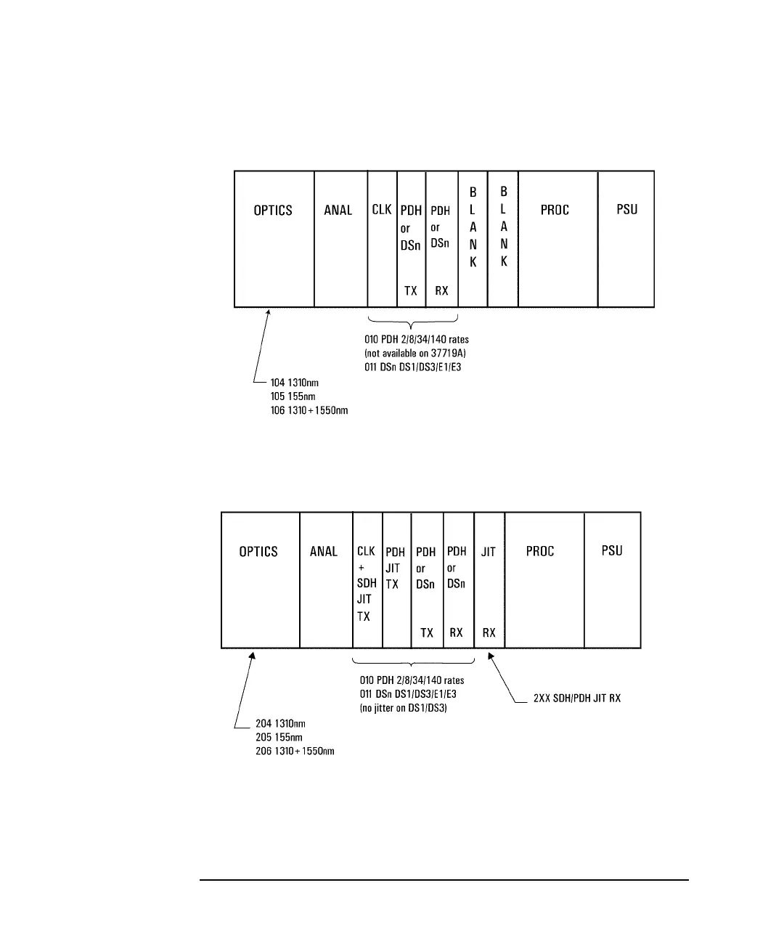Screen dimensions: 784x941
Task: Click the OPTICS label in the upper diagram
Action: pyautogui.click(x=273, y=211)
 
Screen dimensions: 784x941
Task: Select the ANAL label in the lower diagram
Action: pyautogui.click(x=324, y=552)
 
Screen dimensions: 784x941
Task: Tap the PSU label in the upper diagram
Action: pyautogui.click(x=626, y=210)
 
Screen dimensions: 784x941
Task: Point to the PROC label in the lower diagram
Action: pyautogui.click(x=540, y=552)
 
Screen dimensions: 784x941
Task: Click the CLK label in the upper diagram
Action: pyautogui.click(x=382, y=210)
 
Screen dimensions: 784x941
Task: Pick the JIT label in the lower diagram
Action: pyautogui.click(x=489, y=552)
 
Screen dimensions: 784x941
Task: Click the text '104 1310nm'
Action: pyautogui.click(x=294, y=383)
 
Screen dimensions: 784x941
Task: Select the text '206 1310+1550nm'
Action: pyautogui.click(x=295, y=751)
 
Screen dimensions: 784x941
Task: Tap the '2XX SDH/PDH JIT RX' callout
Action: pyautogui.click(x=577, y=698)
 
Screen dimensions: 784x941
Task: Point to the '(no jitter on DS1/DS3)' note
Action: pyautogui.click(x=404, y=708)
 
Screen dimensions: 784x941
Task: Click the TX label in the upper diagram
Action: pyautogui.click(x=411, y=291)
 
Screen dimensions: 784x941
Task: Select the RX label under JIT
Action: pyautogui.click(x=489, y=633)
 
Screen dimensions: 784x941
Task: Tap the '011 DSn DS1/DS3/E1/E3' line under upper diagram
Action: pyautogui.click(x=413, y=367)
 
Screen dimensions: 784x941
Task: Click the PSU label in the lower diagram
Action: pyautogui.click(x=612, y=551)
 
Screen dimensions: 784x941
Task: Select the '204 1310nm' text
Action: pyautogui.click(x=280, y=723)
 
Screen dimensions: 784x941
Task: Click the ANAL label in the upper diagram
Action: pyautogui.click(x=338, y=211)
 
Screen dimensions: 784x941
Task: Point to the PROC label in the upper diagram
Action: pyautogui.click(x=555, y=211)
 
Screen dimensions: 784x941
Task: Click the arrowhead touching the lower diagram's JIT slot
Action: pyautogui.click(x=491, y=656)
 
